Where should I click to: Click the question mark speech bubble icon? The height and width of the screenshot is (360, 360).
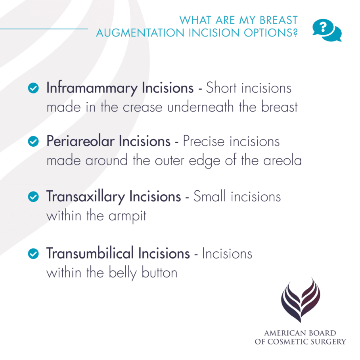pos(326,30)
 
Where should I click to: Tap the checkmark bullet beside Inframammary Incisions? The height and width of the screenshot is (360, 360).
pos(34,88)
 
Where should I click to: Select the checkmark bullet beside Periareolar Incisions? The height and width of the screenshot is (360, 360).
pos(34,141)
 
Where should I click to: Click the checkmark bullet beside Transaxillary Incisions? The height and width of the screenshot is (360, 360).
pos(34,196)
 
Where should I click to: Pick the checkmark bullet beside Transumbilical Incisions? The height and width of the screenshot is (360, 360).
pos(34,253)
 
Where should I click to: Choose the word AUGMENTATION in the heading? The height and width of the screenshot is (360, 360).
pos(138,33)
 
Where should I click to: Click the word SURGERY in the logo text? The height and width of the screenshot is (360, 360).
pos(329,341)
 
